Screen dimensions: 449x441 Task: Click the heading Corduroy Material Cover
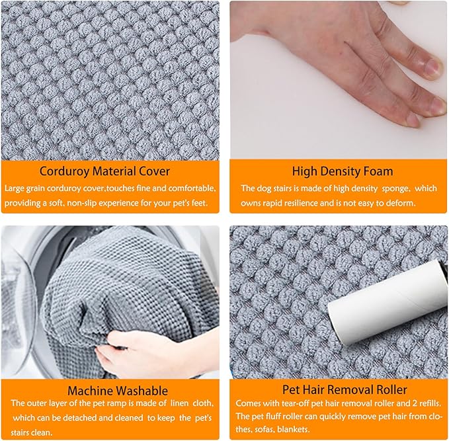click(104, 171)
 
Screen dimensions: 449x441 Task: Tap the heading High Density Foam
click(343, 171)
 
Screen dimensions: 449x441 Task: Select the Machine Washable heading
click(118, 391)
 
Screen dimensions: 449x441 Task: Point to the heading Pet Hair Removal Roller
click(345, 389)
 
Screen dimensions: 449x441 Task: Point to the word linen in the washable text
click(180, 403)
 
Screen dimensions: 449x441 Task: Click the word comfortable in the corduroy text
click(192, 188)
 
